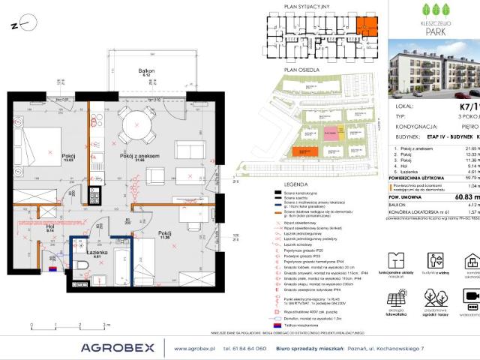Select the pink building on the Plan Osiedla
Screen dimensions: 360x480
[x=330, y=133]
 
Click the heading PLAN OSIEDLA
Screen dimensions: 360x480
[x=297, y=69]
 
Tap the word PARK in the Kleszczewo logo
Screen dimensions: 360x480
[x=437, y=35]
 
